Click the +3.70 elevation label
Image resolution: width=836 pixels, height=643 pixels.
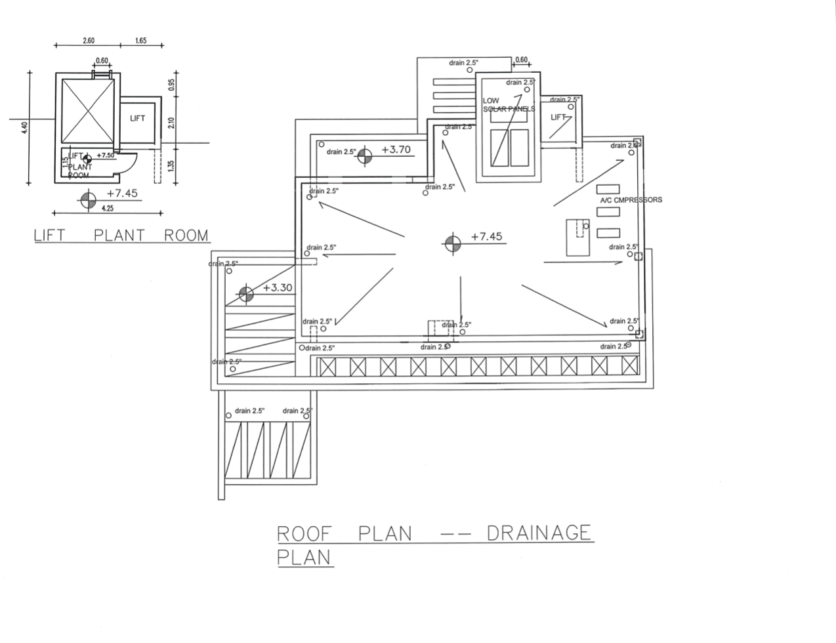tap(395, 150)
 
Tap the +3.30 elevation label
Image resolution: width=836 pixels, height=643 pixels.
tap(278, 288)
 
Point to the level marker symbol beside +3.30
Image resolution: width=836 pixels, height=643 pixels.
tap(246, 294)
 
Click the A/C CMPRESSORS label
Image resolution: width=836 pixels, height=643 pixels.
tap(631, 200)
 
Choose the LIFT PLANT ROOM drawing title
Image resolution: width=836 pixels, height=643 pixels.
tap(121, 236)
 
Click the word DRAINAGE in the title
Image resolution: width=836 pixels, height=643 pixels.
tap(539, 533)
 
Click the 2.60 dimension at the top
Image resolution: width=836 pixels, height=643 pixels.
tap(89, 41)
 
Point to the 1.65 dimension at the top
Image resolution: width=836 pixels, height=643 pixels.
tap(140, 41)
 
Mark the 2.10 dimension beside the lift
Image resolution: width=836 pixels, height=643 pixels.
tap(171, 122)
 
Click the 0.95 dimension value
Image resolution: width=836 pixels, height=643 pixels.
tap(171, 84)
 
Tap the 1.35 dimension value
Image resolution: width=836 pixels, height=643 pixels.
tap(171, 165)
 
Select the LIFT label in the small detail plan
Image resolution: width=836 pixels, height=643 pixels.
tap(137, 119)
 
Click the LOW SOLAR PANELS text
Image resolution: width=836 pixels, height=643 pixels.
tap(508, 105)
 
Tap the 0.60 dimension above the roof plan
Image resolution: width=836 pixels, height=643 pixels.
tap(521, 60)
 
